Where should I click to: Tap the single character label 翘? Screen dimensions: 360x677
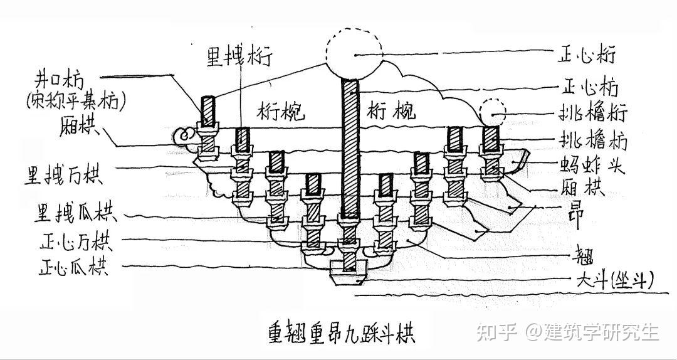[x=581, y=256]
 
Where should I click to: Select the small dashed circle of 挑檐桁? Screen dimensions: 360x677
[x=493, y=114]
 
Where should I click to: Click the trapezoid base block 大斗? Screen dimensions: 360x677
[x=349, y=274]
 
